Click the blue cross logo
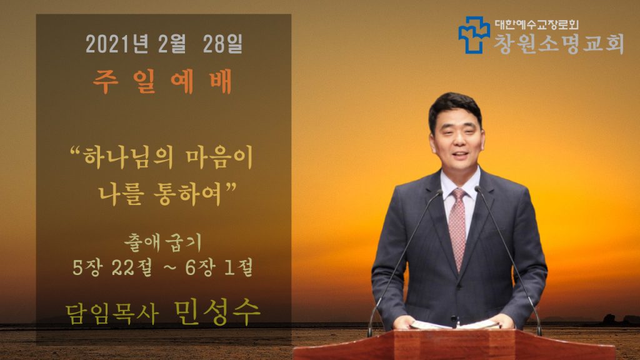tap(474, 35)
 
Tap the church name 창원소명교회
tap(559, 44)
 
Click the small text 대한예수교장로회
tap(537, 25)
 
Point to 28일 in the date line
tap(223, 44)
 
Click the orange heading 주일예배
tap(162, 82)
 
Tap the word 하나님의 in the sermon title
tap(128, 158)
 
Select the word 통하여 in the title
tap(187, 194)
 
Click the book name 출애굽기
tap(163, 242)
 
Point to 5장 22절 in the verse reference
tap(112, 267)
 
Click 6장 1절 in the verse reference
tap(219, 267)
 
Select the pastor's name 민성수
tap(217, 312)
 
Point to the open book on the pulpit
tap(455, 325)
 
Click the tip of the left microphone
tap(439, 191)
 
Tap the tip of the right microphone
tap(477, 189)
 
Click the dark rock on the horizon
tap(610, 319)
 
